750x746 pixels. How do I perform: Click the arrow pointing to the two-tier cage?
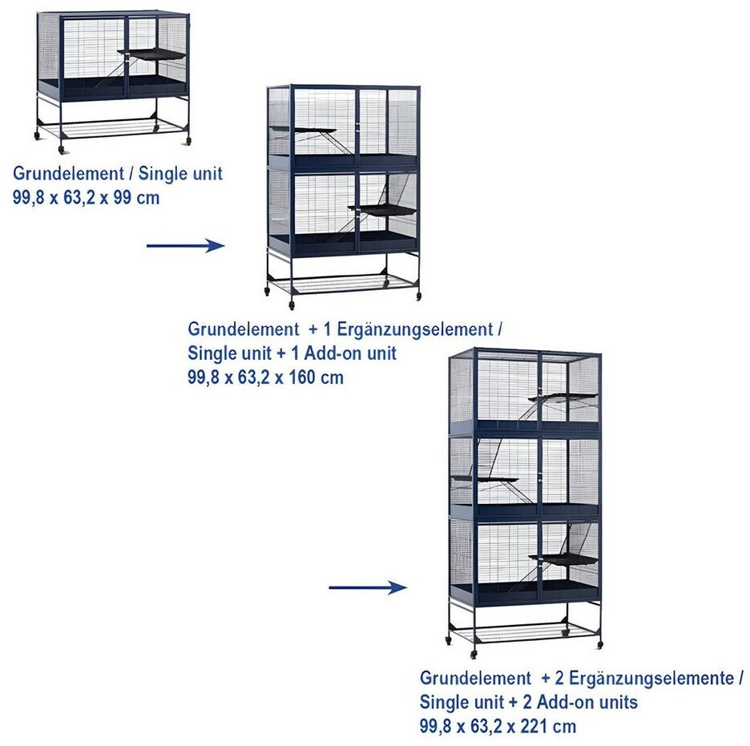point(185,246)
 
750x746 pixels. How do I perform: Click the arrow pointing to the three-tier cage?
point(368,587)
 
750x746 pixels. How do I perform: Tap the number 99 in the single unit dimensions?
point(123,197)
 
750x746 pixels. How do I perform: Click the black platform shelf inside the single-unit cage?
point(152,54)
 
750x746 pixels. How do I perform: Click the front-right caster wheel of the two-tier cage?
point(418,296)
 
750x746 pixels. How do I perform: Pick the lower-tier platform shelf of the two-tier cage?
point(383,210)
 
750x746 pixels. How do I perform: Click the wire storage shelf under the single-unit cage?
point(112,126)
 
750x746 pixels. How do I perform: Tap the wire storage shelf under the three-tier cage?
point(525,631)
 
